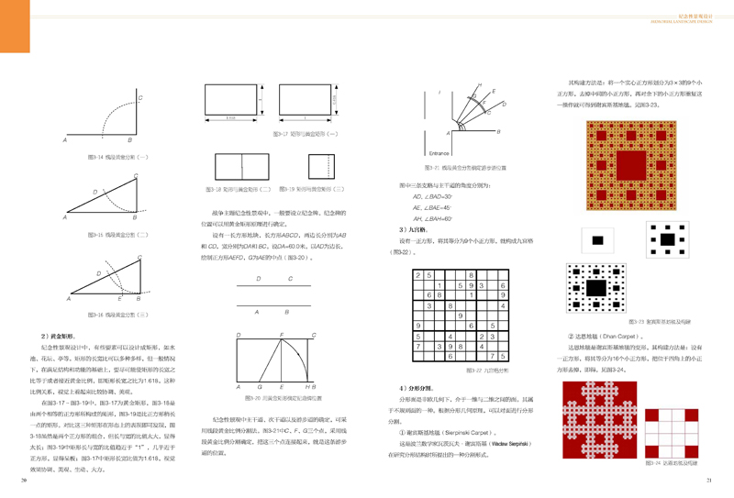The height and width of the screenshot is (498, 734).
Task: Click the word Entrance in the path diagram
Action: (x=439, y=152)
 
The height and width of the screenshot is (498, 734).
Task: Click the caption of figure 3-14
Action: (x=104, y=157)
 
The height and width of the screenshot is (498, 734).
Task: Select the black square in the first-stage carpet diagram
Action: (x=597, y=239)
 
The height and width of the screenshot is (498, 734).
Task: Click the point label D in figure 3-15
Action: (x=95, y=192)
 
